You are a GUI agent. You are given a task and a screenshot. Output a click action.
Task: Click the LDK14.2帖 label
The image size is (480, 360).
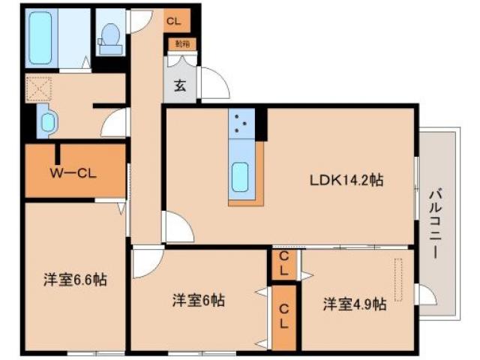pyautogui.click(x=347, y=180)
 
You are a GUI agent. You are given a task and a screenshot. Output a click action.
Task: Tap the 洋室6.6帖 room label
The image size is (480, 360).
pyautogui.click(x=74, y=280)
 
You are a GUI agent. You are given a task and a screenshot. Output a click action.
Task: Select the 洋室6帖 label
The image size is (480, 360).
pyautogui.click(x=199, y=301)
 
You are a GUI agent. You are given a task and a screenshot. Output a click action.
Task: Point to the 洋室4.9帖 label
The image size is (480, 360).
pyautogui.click(x=355, y=304)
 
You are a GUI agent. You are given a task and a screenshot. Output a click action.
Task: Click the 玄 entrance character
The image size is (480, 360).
pyautogui.click(x=181, y=85)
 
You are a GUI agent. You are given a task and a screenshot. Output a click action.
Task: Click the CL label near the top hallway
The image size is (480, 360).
pyautogui.click(x=174, y=21)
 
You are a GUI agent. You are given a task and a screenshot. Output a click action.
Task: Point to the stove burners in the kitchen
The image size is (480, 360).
pyautogui.click(x=242, y=124)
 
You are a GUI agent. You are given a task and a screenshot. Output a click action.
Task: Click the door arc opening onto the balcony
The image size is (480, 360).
pyautogui.click(x=424, y=295)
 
